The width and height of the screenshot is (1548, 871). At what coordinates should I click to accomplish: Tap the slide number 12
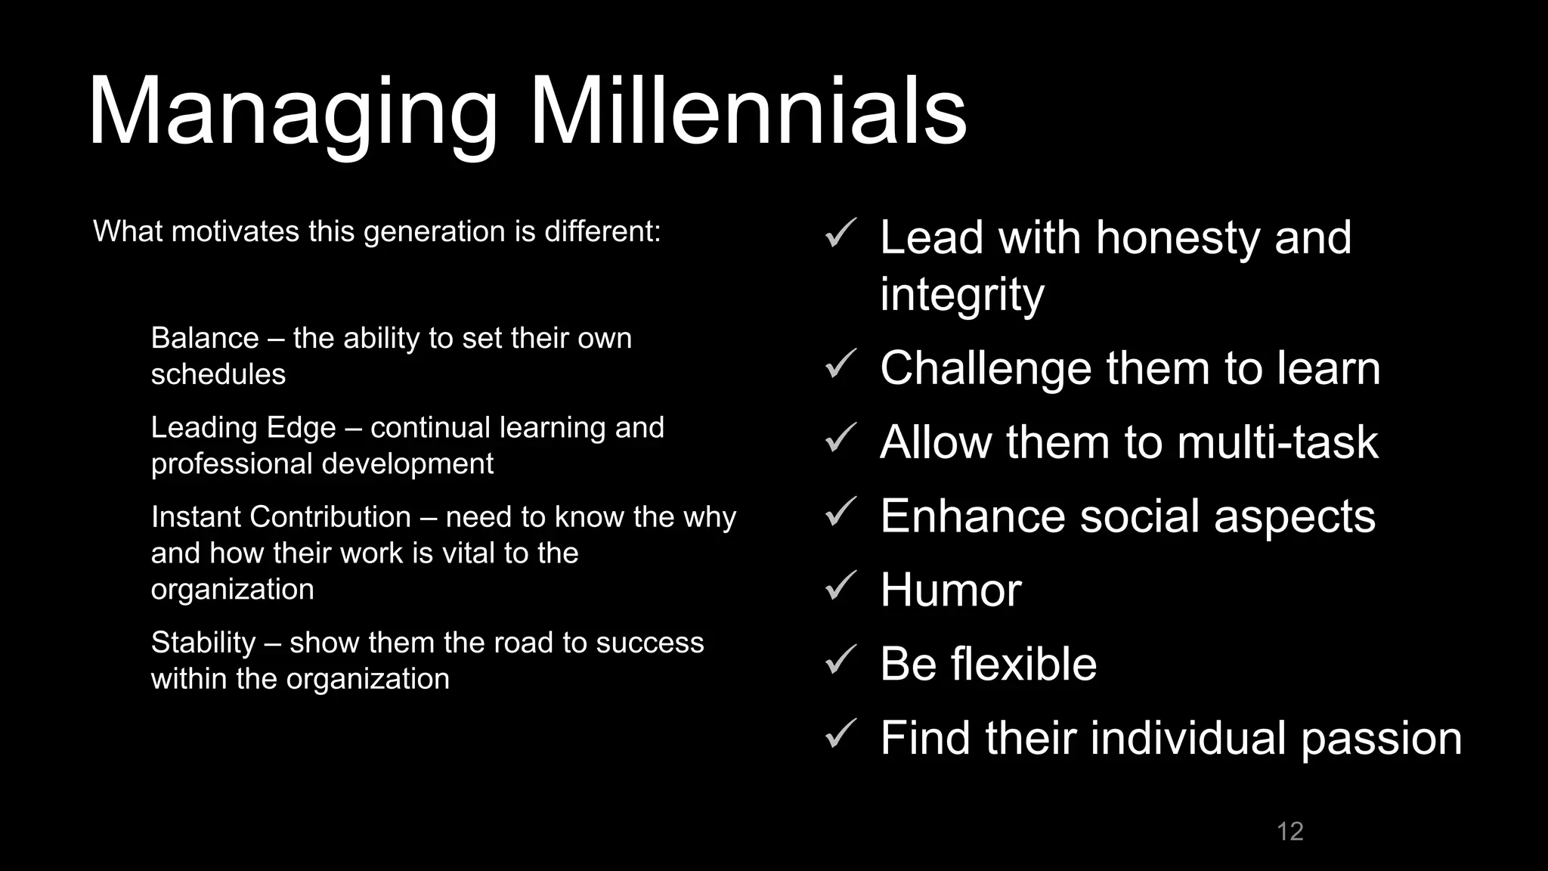(x=1289, y=831)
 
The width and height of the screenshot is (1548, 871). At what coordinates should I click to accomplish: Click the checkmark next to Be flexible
(x=840, y=659)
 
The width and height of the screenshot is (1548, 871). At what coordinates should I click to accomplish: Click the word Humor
(x=951, y=590)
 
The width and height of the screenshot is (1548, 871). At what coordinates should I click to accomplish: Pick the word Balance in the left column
(x=205, y=338)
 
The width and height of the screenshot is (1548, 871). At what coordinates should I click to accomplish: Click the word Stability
(x=203, y=643)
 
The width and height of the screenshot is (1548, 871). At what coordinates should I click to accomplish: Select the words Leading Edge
(x=243, y=428)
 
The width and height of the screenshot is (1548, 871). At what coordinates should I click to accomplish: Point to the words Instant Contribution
(x=280, y=517)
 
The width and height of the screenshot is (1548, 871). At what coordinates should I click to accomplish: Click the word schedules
(x=218, y=374)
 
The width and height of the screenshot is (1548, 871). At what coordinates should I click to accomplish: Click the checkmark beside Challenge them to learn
(x=840, y=364)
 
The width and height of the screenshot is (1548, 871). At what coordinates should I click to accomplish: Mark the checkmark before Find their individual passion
(x=840, y=733)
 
